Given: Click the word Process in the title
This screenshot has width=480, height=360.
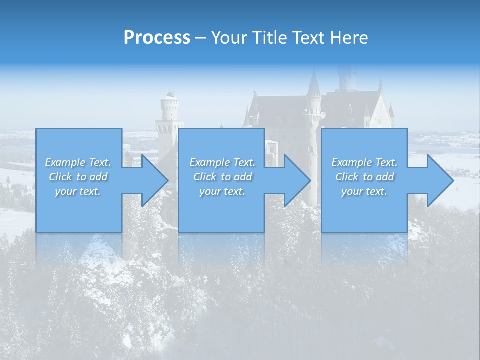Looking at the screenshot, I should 157,37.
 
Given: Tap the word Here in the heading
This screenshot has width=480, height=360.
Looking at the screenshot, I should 349,37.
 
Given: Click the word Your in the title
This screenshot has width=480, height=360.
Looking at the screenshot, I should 228,37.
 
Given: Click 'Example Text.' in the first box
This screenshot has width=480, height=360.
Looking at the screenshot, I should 78,162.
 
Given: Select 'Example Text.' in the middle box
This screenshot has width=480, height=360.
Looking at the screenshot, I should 222,162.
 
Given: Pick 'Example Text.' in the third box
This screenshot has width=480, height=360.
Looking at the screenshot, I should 364,162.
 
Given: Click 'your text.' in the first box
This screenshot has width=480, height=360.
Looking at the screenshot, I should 78,191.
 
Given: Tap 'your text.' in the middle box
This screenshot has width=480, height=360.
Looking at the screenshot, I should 222,191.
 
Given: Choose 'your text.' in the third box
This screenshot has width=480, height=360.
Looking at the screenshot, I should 364,191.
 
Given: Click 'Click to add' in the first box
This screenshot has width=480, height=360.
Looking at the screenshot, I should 78,177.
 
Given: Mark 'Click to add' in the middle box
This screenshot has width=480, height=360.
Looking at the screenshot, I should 222,177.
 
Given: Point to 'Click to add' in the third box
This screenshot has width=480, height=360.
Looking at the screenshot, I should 364,177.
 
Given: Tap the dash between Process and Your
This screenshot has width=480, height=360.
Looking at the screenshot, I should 200,38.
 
